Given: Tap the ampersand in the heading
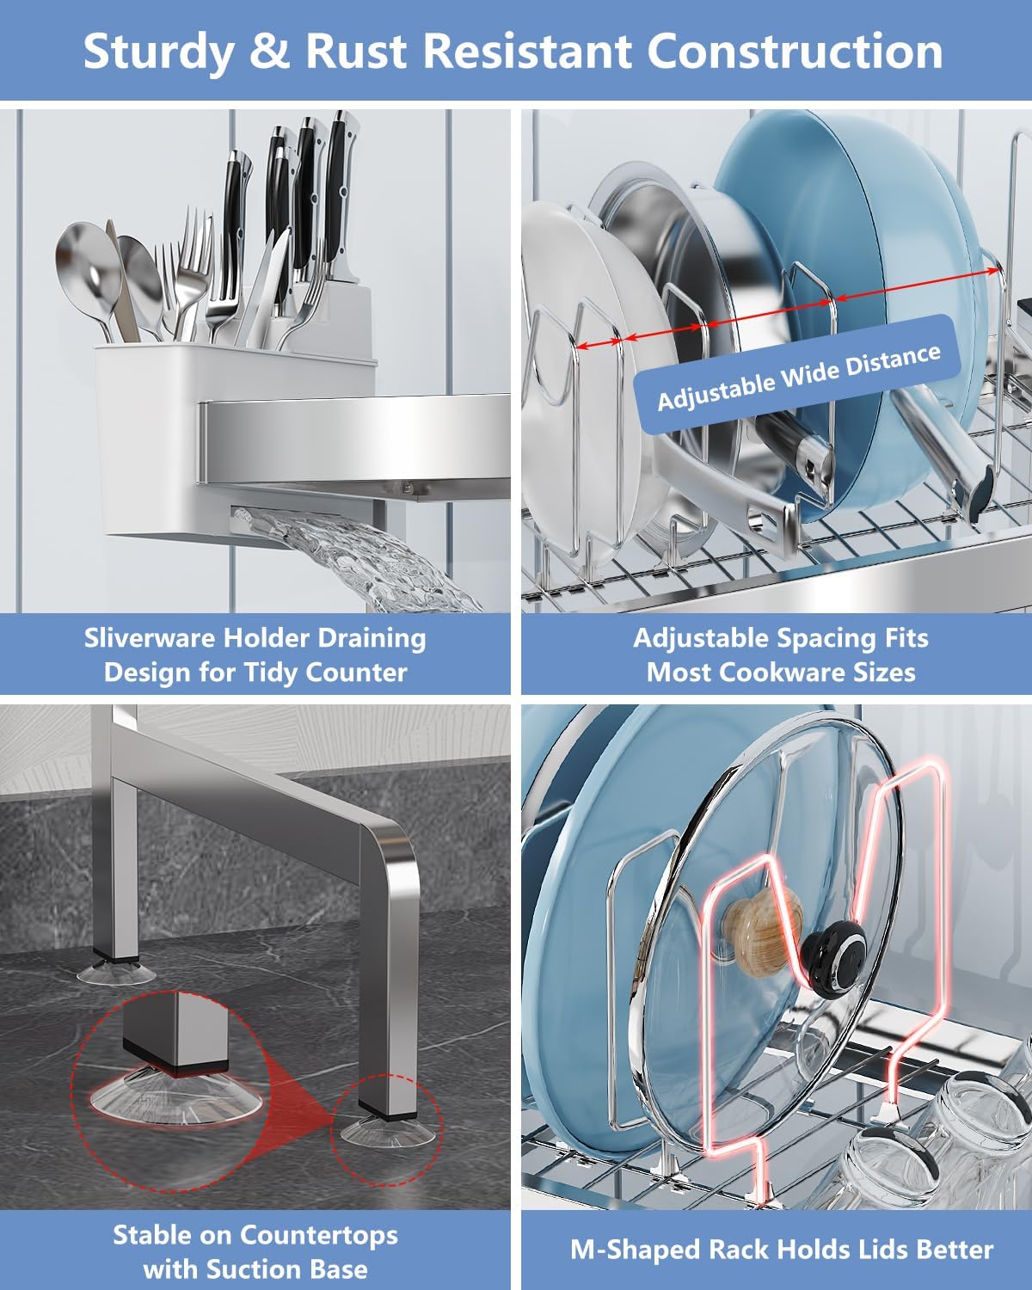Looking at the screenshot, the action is point(270,51).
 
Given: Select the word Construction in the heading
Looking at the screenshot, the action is point(795,51).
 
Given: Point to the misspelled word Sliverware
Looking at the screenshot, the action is point(150,638).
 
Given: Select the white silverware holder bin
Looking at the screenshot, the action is point(234,438).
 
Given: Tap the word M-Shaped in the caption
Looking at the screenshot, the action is point(635,1250).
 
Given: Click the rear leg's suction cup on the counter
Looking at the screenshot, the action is point(116,972).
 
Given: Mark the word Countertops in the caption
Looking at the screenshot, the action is point(318,1235).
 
